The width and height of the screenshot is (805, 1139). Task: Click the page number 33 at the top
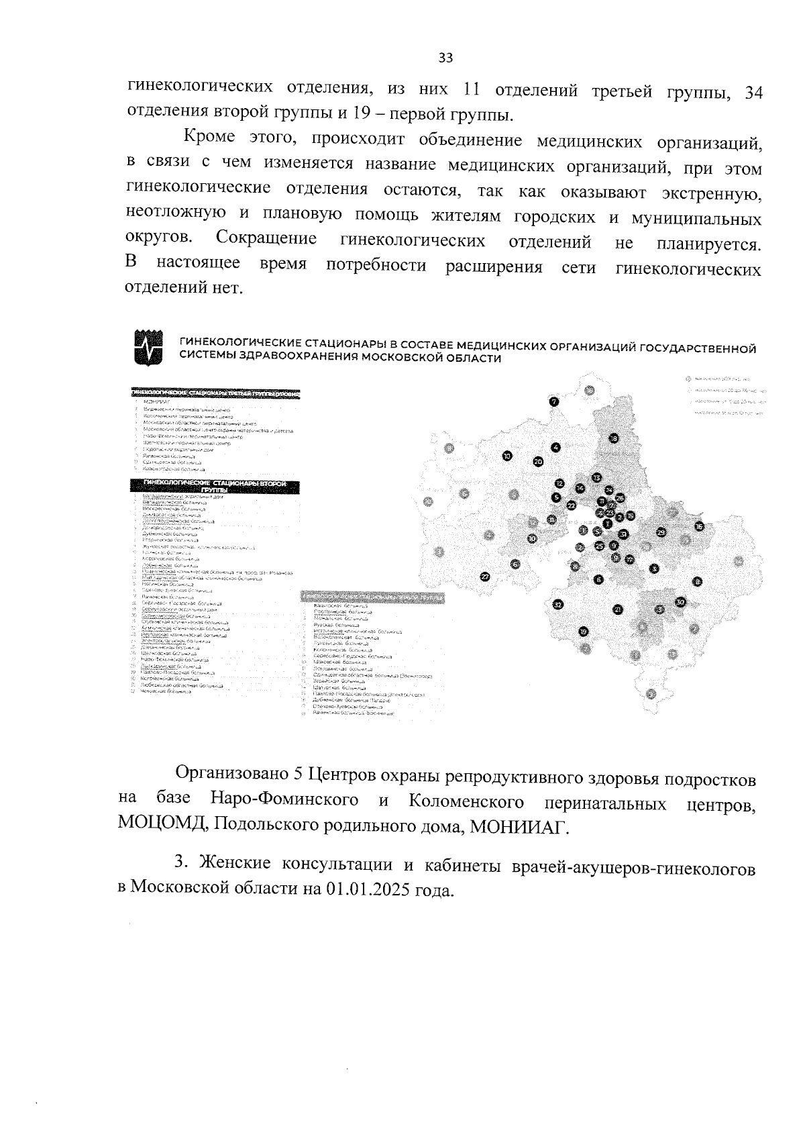445,58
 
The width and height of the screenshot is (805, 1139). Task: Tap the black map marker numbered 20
537,461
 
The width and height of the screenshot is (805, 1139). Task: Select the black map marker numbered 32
558,605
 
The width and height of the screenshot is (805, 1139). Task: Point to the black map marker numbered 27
485,576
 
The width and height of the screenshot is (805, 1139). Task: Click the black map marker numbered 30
680,602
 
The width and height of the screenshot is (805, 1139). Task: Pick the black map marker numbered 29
661,532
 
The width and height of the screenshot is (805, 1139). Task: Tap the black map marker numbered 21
618,609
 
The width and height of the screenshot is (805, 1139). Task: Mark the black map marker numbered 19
584,632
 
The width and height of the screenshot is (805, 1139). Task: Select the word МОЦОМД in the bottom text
162,824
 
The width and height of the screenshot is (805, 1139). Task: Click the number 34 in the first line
754,93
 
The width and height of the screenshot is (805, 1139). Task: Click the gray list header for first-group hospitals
372,596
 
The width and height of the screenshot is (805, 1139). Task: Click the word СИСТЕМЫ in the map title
203,358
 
